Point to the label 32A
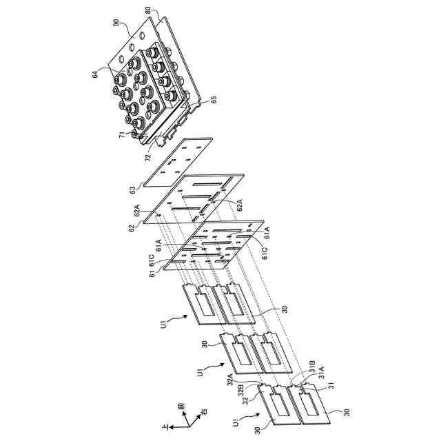pos(229,377)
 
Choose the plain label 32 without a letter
pos(245,401)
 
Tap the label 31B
pos(311,363)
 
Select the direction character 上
pos(164,429)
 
